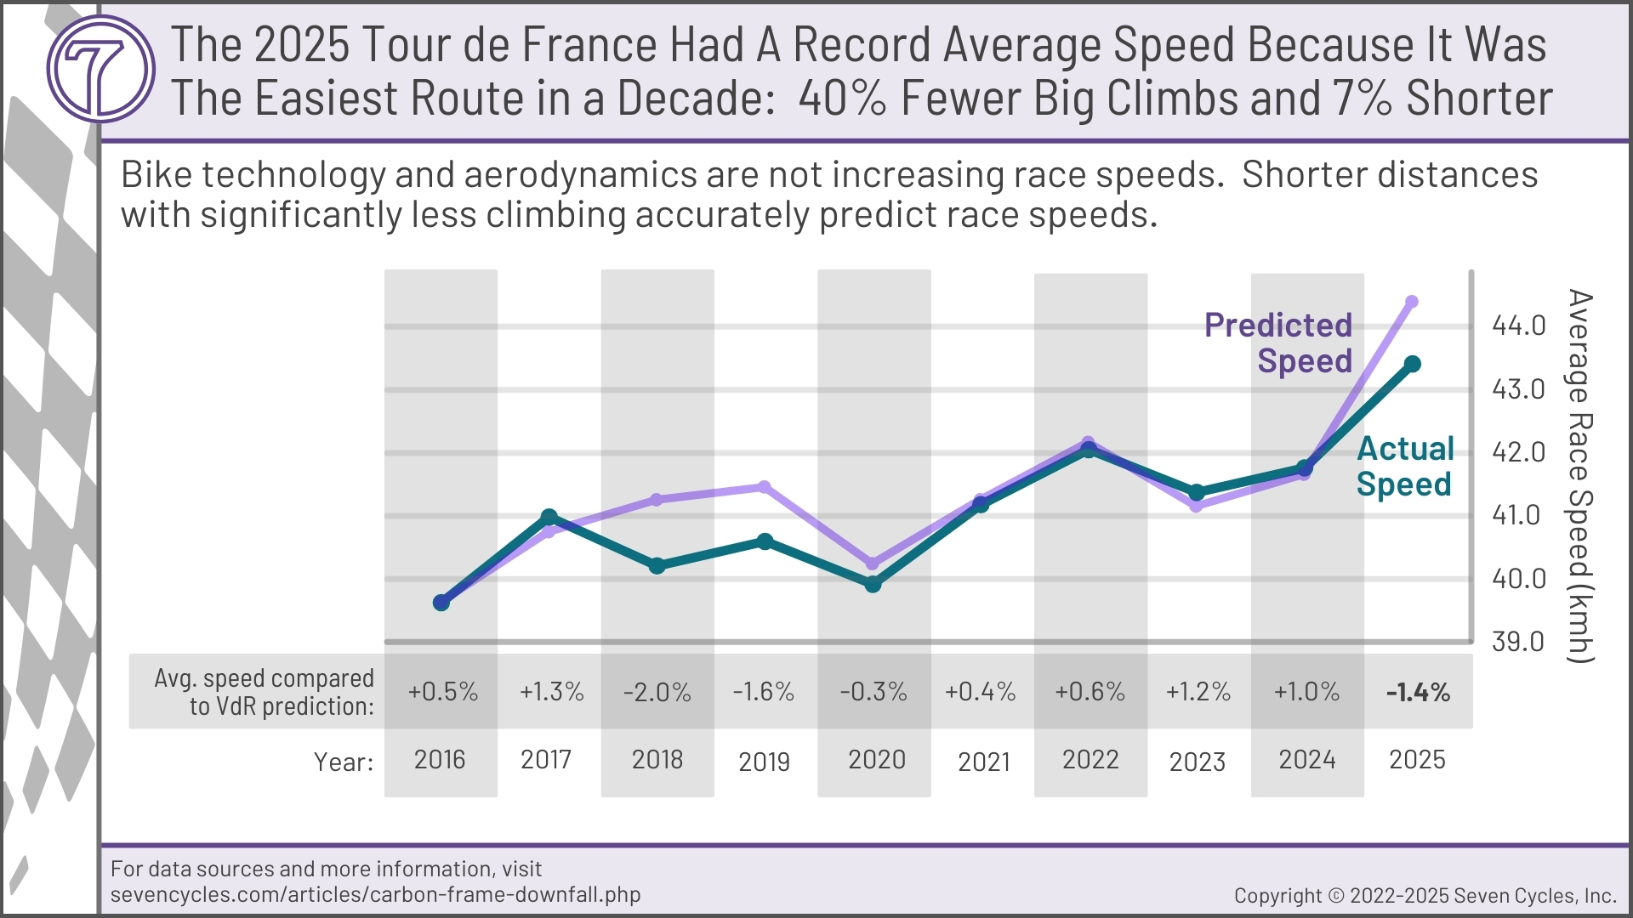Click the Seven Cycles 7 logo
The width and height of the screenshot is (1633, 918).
(x=100, y=68)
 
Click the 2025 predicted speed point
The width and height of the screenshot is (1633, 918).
(x=1412, y=302)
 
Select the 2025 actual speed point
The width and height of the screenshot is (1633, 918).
(x=1413, y=365)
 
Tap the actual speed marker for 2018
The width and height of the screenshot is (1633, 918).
(x=657, y=566)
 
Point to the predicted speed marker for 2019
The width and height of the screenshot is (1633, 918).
(x=765, y=487)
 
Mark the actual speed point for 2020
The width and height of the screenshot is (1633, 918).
(x=873, y=585)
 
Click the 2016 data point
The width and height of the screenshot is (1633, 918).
(x=441, y=603)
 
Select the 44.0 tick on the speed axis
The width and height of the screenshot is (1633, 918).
(x=1518, y=326)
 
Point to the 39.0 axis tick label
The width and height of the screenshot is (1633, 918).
(x=1518, y=642)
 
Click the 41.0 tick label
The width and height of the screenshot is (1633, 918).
(x=1516, y=515)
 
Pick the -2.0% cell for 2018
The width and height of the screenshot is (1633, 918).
(x=657, y=692)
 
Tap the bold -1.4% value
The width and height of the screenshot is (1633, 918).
(x=1418, y=692)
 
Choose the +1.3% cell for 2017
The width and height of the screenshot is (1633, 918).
(x=551, y=692)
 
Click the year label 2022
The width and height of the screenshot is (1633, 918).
(x=1090, y=759)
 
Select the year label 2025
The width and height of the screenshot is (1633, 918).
(x=1417, y=759)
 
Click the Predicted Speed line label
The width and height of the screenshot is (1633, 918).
(x=1278, y=343)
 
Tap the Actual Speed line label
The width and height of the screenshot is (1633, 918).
(x=1404, y=466)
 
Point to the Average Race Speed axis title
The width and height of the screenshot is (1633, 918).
(x=1579, y=476)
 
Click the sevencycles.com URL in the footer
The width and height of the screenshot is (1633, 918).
(x=375, y=894)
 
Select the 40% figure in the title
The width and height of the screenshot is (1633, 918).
(x=842, y=99)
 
